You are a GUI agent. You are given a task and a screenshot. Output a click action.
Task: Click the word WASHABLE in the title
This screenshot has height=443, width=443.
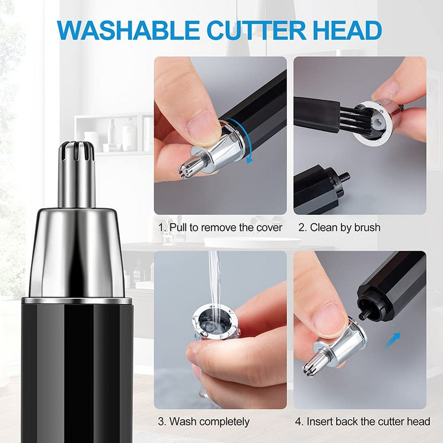128,30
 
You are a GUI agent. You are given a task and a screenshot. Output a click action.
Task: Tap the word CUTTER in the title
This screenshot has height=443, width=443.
256,30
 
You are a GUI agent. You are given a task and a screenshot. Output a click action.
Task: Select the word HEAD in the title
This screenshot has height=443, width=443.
347,30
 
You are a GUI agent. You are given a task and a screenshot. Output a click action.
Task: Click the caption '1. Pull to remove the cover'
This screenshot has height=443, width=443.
220,228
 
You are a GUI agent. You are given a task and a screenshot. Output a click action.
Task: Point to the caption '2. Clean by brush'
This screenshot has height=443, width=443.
339,228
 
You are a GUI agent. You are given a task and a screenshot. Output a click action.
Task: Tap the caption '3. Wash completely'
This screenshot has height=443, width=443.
204,422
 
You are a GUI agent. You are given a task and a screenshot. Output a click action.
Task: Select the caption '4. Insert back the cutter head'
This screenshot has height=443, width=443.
363,421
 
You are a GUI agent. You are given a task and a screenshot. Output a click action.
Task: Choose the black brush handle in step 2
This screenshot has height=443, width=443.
316,114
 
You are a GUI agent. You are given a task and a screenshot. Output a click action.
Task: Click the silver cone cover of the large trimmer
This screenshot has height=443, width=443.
77,253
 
